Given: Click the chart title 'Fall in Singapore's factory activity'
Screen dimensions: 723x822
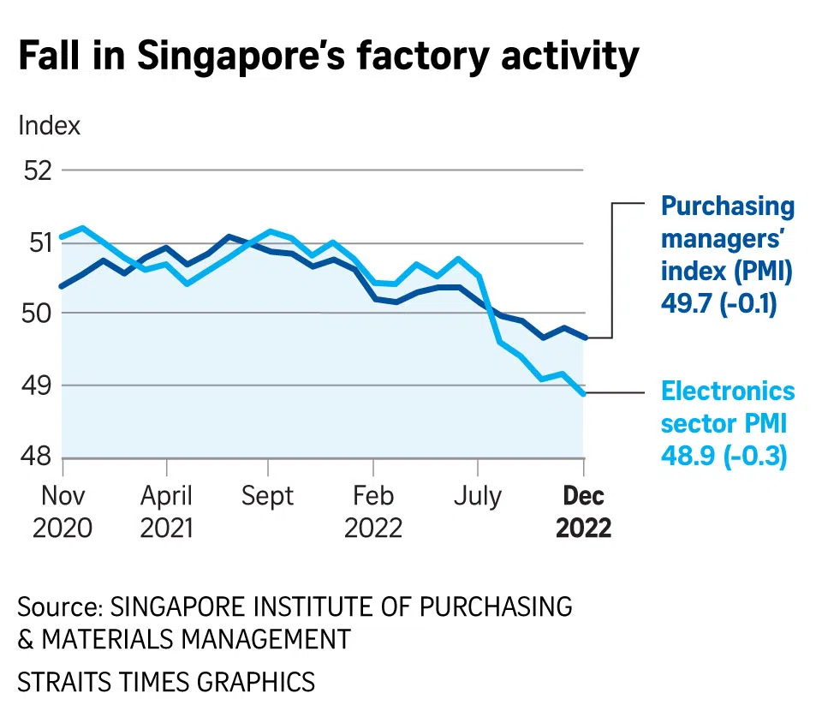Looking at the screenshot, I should coord(328,57).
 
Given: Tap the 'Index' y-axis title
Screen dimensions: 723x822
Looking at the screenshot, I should coord(49,125).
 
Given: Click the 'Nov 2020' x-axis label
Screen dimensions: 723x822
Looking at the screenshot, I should coord(62,511).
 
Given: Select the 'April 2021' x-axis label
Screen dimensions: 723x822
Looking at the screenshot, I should coord(167,511).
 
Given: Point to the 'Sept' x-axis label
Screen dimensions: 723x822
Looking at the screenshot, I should coord(268,496).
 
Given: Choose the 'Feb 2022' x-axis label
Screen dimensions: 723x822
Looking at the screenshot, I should coord(373,511).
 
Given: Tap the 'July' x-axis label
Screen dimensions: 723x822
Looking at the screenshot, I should coord(477,496).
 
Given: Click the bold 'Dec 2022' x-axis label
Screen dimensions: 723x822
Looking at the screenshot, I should coord(584,511).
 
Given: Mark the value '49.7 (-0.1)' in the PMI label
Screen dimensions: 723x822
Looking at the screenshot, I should coord(718,305).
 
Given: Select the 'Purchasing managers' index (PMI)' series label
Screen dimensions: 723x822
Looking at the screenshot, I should coord(727,239).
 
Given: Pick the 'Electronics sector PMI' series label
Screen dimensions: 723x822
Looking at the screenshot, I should coord(727,407).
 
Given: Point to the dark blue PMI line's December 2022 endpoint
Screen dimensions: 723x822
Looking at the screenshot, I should coord(584,338).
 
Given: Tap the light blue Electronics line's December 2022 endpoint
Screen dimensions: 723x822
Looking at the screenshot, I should coord(584,394).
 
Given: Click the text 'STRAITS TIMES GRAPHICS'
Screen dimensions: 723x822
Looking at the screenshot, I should coord(166,682).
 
